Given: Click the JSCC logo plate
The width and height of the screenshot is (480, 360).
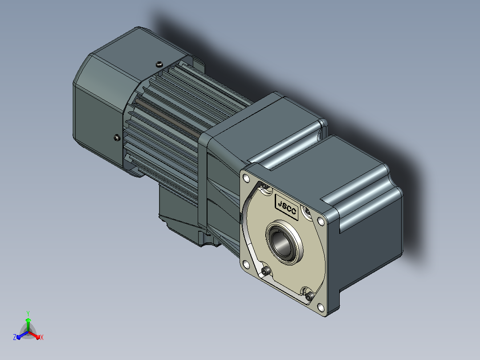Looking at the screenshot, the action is (287, 207).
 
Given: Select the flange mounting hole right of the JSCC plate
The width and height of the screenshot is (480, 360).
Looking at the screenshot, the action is (321, 221).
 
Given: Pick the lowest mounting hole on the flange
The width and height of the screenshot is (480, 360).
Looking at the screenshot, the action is (321, 307).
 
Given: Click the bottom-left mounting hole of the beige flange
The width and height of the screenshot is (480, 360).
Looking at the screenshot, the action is (246, 263).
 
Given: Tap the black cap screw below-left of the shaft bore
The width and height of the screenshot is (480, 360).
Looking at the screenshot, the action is (266, 270).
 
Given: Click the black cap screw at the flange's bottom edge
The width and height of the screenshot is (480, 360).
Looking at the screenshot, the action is (309, 296).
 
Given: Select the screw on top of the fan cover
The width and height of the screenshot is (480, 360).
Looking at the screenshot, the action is (159, 64).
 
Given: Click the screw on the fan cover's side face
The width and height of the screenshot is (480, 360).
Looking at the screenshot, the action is (117, 138).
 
